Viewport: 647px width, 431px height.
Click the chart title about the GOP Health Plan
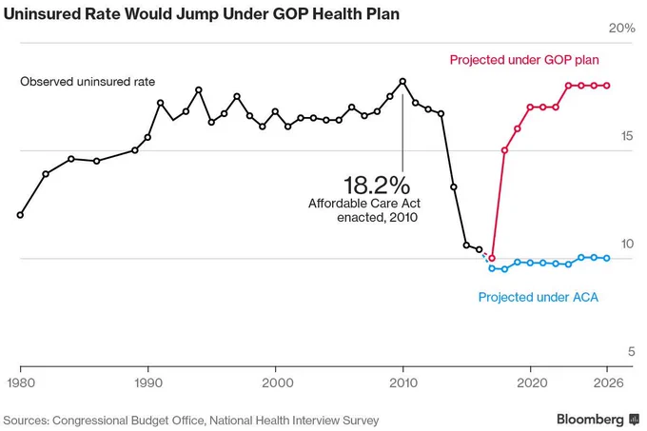coord(202,13)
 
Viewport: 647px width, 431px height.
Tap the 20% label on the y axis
coord(622,28)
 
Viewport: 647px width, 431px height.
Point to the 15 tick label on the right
coord(627,136)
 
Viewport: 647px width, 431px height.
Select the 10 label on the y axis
coord(627,244)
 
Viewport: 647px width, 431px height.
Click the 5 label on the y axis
coord(632,351)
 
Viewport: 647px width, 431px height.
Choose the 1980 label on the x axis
coord(21,382)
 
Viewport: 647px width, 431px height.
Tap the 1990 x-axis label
coord(148,382)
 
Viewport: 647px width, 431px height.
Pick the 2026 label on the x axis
coord(609,382)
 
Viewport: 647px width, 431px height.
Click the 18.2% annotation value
coord(377,185)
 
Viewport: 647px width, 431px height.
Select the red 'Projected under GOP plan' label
coord(524,60)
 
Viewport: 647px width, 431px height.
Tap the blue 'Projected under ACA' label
coord(539,297)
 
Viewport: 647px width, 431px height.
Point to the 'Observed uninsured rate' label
coord(88,82)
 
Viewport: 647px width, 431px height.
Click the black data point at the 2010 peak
coord(402,82)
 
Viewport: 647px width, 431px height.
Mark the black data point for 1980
coord(20,215)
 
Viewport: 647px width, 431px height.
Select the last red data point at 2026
coord(607,86)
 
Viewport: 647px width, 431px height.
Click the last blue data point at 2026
coord(607,258)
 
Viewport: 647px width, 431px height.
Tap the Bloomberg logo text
coord(590,420)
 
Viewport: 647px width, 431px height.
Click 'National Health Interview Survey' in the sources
coord(294,421)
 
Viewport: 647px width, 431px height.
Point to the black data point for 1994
coord(199,90)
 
